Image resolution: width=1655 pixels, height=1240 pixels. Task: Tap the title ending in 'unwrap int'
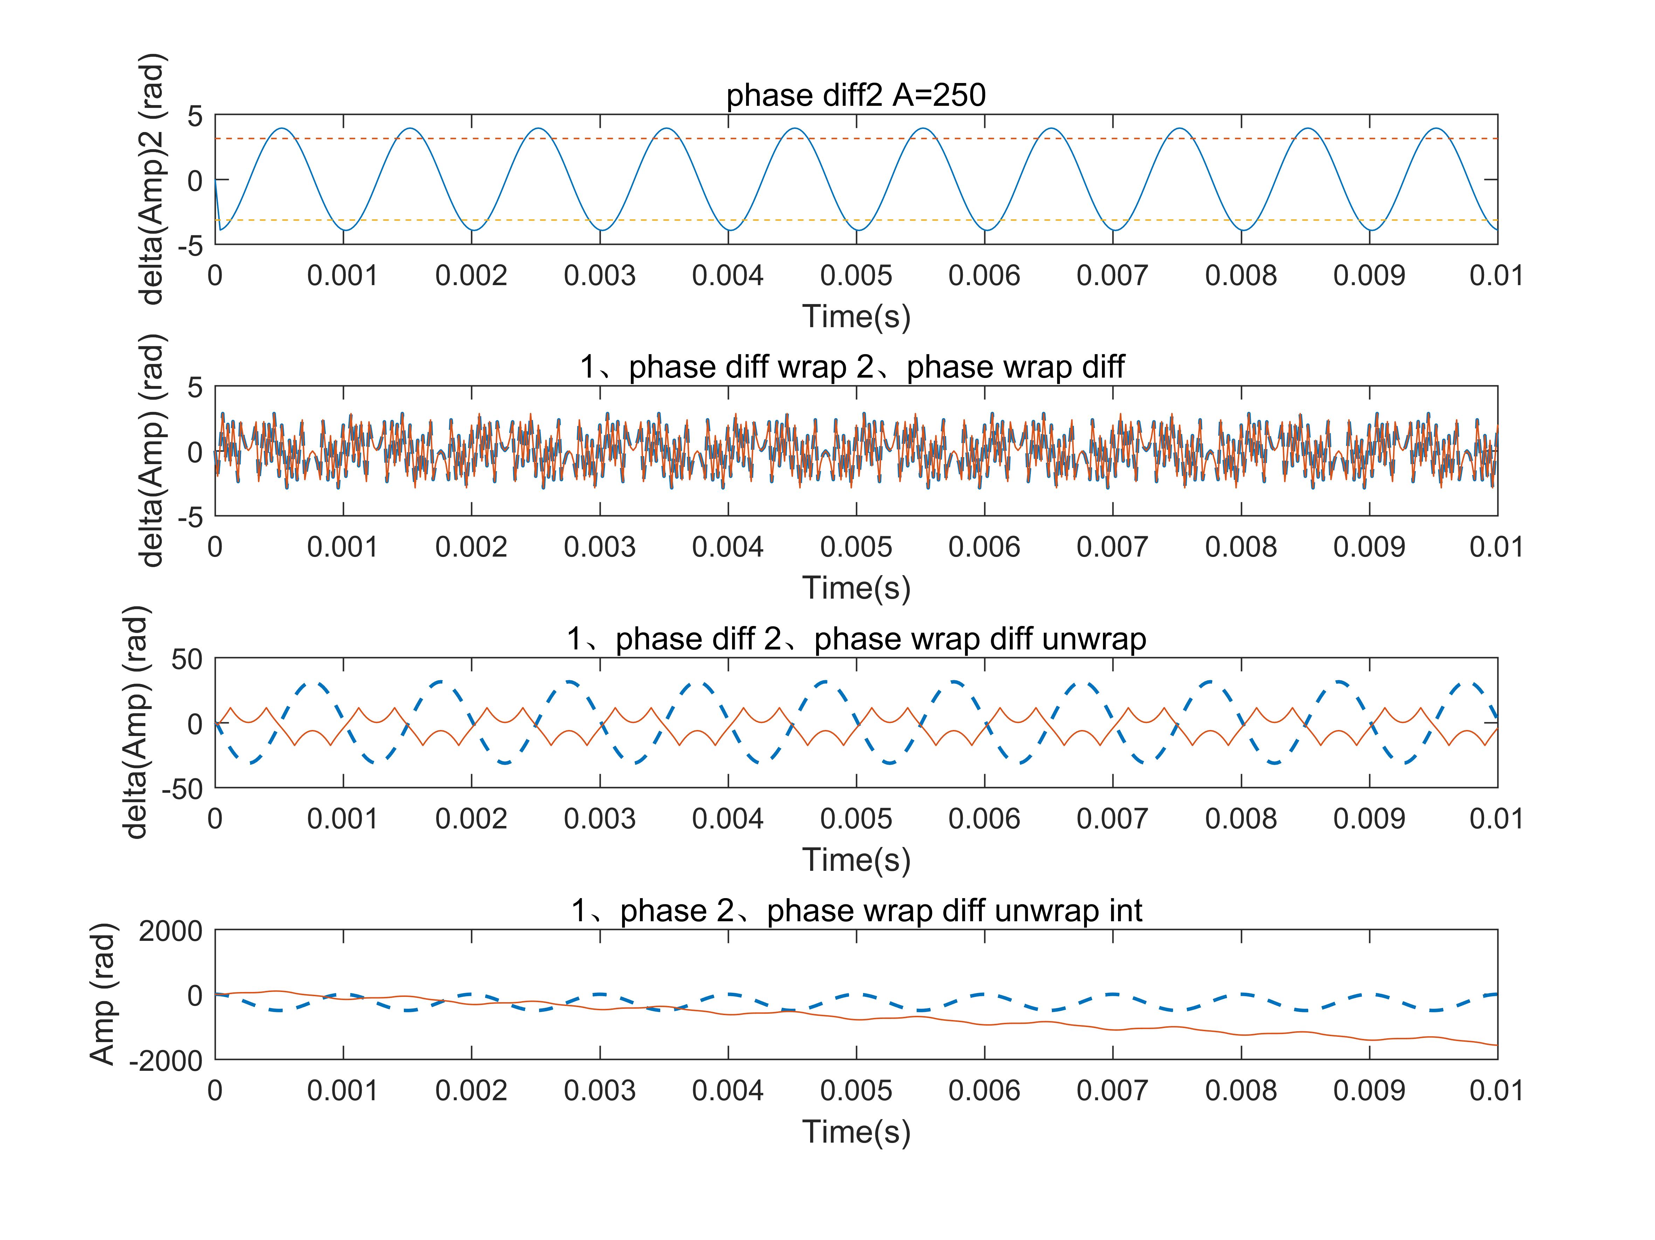856,911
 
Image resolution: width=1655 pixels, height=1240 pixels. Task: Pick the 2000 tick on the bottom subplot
171,932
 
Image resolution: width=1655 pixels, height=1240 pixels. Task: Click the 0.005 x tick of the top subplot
856,276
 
